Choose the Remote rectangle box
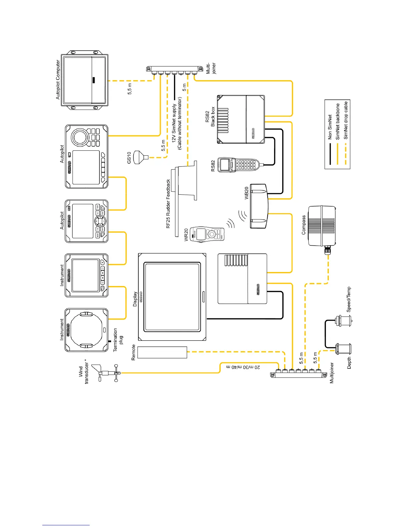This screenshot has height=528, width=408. [162, 352]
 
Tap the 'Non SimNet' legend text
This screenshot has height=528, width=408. [330, 127]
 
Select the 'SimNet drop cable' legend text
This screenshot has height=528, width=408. [346, 120]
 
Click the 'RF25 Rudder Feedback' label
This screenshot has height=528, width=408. [168, 204]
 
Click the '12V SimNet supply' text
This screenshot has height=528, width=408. [174, 123]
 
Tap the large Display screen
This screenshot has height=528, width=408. [172, 297]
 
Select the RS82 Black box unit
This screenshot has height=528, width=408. [241, 119]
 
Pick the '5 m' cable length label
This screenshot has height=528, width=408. [185, 87]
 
